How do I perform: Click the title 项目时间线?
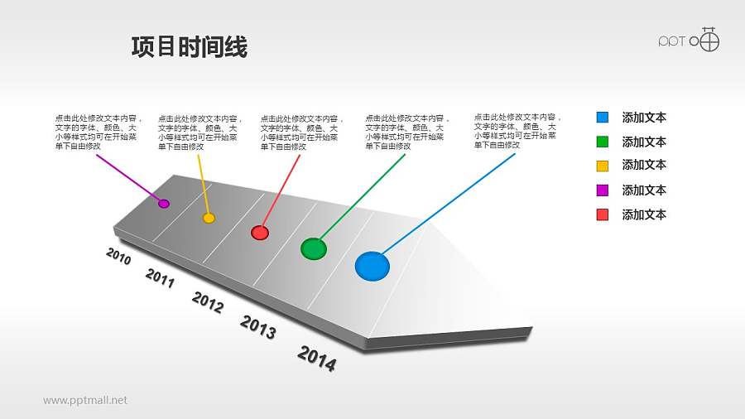coord(190,48)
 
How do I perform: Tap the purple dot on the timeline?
coord(164,204)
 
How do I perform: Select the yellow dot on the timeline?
coord(209,218)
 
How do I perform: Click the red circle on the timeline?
coord(260,233)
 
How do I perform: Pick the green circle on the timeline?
coord(314,248)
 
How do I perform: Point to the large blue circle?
coord(372,266)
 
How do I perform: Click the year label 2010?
coord(118,255)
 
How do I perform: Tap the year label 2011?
coord(160,278)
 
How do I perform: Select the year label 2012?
coord(208,303)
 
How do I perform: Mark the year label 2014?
coord(316,359)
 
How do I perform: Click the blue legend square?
coord(603,118)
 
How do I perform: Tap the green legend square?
coord(603,142)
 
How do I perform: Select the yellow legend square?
coord(603,165)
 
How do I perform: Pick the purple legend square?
coord(603,190)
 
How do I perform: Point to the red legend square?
coord(603,215)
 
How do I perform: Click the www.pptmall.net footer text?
coord(85,400)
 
